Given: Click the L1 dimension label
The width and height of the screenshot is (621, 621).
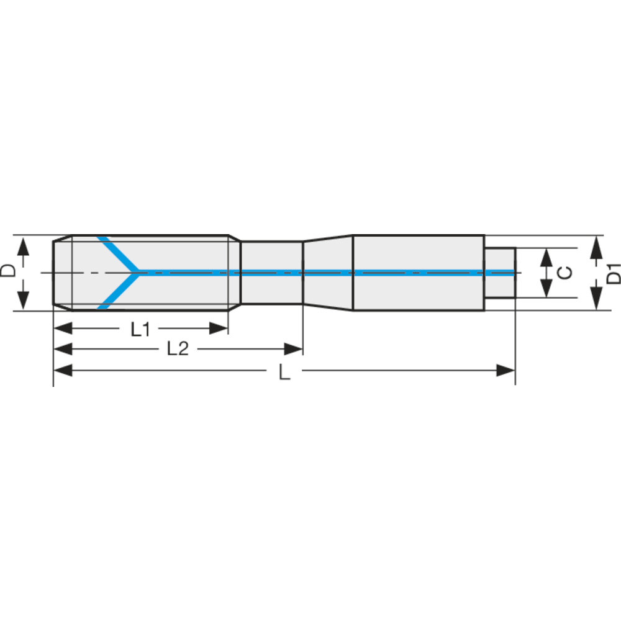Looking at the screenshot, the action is click(140, 330).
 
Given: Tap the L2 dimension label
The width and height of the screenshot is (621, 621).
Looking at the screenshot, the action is click(178, 349).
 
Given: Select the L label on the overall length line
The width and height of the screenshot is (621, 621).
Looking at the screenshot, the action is click(284, 372).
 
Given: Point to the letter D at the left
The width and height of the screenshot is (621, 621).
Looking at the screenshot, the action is click(8, 271).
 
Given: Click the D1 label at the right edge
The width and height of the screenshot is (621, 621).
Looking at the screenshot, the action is click(613, 273).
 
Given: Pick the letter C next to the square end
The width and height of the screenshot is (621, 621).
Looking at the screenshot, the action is click(564, 273).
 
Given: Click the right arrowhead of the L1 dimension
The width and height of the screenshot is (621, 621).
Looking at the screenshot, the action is click(219, 329).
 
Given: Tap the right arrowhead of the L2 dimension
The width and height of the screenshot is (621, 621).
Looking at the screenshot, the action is click(294, 349).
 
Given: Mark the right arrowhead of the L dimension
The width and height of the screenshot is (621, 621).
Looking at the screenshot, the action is click(505, 371).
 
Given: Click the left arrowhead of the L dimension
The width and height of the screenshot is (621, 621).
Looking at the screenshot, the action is click(63, 371).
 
